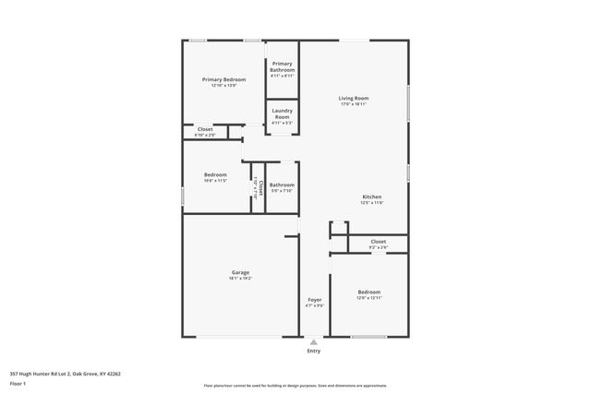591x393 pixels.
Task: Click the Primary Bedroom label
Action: [x=223, y=79]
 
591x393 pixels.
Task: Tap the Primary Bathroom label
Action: [x=282, y=64]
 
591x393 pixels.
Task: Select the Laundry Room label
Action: [x=282, y=112]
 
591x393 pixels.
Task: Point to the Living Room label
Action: [x=354, y=98]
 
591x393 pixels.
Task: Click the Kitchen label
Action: [x=371, y=196]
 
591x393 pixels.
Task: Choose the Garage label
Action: [x=239, y=272]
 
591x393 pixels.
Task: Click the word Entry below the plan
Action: [x=314, y=351]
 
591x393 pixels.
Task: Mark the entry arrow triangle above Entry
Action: [x=314, y=341]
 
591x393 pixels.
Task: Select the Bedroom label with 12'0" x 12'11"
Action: [x=368, y=292]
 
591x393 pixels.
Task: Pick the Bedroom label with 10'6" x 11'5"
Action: [x=216, y=174]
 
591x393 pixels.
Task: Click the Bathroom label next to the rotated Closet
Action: [x=282, y=185]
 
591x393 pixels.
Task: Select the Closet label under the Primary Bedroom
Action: [x=204, y=129]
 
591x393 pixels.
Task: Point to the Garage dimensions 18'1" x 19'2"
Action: [x=239, y=278]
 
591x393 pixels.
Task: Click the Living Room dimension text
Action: [x=354, y=104]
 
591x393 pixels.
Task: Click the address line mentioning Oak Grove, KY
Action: [x=65, y=374]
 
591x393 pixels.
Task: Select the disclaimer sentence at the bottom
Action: [x=294, y=385]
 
